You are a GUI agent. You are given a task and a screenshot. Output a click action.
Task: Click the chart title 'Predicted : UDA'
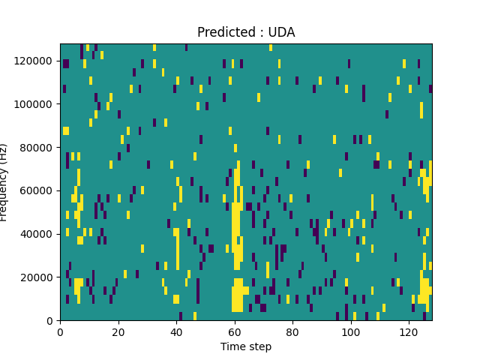[x=246, y=32]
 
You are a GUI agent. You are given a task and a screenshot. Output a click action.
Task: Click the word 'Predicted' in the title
[x=223, y=32]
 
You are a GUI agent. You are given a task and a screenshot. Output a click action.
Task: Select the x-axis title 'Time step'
[x=246, y=346]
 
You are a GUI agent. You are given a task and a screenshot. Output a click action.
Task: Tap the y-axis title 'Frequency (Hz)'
[x=4, y=182]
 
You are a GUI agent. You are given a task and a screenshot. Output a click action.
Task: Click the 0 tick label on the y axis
[x=52, y=321]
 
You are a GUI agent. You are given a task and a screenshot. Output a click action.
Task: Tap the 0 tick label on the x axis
[x=60, y=331]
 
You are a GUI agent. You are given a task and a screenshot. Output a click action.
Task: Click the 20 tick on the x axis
[x=118, y=331]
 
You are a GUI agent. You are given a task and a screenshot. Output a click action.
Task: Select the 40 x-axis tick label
[x=176, y=331]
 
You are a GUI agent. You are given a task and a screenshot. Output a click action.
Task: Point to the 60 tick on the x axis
[x=234, y=331]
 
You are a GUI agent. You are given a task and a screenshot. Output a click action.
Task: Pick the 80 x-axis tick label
[x=292, y=331]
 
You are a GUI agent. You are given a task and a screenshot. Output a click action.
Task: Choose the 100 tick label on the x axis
[x=350, y=331]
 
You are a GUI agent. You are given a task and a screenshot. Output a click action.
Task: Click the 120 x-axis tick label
[x=409, y=331]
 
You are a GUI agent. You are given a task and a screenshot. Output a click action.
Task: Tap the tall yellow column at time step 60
[x=235, y=225]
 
